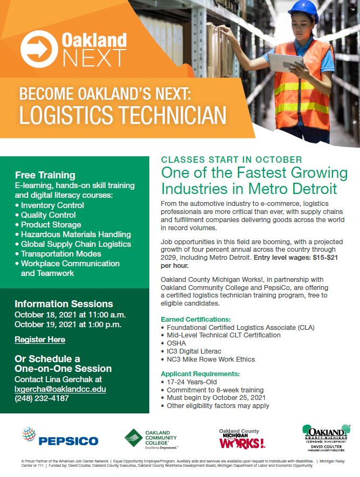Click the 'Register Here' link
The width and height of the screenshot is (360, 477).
(40, 340)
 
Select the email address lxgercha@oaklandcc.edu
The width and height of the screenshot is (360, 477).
(60, 389)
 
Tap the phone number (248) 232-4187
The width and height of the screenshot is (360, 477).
(41, 398)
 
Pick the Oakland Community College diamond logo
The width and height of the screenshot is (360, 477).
(134, 438)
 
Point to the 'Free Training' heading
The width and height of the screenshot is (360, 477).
(45, 175)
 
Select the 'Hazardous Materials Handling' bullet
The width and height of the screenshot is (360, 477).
(75, 234)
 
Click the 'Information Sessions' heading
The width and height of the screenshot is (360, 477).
(64, 303)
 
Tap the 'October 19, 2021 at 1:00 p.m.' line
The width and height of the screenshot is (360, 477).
(68, 324)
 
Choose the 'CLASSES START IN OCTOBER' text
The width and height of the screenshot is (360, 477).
(232, 160)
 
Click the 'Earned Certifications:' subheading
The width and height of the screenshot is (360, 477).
(196, 319)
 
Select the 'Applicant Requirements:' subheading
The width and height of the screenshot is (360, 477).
(200, 374)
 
